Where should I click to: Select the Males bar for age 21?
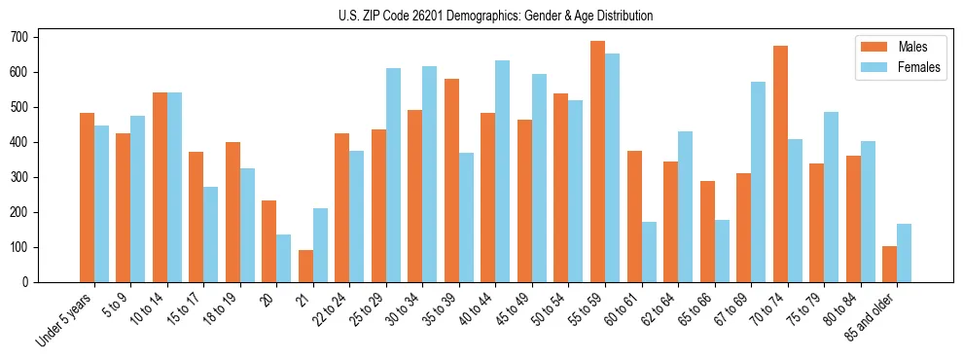pyautogui.click(x=305, y=266)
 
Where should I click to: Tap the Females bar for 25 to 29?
pyautogui.click(x=393, y=175)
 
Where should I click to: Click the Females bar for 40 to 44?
pyautogui.click(x=503, y=171)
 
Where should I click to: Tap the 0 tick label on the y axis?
pyautogui.click(x=29, y=282)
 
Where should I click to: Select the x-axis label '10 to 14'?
pyautogui.click(x=148, y=310)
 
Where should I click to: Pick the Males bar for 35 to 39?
pyautogui.click(x=451, y=180)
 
